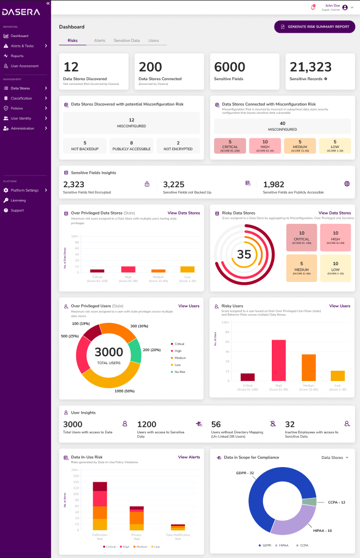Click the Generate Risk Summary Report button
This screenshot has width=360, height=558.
pos(314,27)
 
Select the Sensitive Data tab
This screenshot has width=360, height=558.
pos(126,41)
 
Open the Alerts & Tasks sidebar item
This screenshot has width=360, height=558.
pos(22,46)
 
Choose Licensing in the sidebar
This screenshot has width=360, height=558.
pos(18,200)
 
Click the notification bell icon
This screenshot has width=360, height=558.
pos(313,7)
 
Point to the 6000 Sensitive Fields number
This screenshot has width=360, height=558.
pos(230,67)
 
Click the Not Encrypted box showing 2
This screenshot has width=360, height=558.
pos(178,146)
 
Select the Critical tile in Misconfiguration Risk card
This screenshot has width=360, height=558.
pos(230,145)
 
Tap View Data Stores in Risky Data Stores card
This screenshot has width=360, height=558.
pos(334,213)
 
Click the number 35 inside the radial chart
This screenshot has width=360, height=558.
pos(244,254)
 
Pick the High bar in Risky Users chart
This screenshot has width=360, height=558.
pos(278,360)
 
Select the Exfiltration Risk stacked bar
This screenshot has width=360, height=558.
pos(100,506)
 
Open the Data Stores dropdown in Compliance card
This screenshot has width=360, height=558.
pos(335,457)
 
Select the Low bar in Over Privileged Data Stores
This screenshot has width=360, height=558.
pos(187,269)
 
